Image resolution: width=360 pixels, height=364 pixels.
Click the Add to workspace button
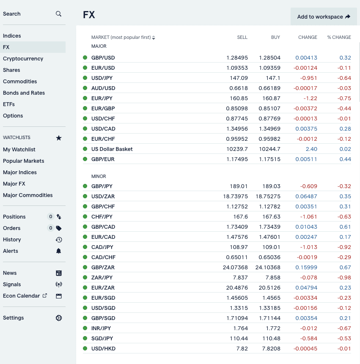324,16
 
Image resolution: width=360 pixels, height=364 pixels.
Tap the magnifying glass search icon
58,14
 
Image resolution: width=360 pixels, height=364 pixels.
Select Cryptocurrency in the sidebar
23,58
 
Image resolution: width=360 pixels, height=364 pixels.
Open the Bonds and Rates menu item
24,93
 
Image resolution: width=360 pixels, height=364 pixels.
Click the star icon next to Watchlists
59,138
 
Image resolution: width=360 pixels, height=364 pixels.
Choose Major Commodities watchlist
28,195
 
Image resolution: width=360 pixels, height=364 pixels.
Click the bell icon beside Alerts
58,251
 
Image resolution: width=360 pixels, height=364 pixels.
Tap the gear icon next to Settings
59,318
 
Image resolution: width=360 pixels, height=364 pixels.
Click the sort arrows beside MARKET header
154,38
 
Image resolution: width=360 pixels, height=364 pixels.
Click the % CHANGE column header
339,37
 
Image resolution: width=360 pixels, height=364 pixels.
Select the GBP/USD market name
103,57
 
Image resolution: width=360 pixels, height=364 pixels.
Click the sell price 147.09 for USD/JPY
239,78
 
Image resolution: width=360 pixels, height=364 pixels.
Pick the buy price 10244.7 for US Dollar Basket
269,149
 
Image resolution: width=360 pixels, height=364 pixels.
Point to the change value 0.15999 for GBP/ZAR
306,268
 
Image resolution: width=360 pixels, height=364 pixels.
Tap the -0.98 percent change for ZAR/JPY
344,278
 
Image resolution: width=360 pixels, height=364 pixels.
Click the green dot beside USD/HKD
85,348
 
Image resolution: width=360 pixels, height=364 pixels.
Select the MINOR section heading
99,176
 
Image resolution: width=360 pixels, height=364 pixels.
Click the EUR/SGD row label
103,298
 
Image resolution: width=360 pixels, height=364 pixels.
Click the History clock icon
59,240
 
